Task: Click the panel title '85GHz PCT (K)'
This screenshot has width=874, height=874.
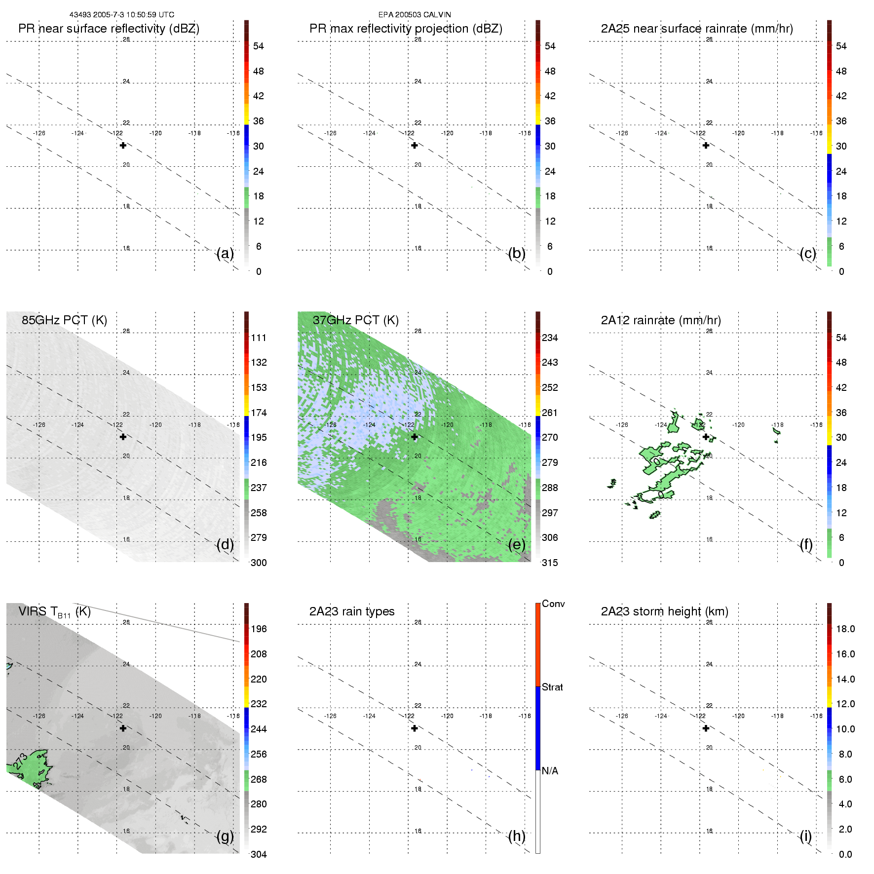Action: (x=64, y=320)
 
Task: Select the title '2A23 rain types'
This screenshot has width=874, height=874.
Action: (x=352, y=611)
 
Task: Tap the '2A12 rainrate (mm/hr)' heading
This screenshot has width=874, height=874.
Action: (x=661, y=320)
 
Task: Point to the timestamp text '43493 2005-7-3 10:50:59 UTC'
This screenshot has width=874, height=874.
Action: (x=121, y=15)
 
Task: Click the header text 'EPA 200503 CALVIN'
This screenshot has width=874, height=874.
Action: (x=415, y=15)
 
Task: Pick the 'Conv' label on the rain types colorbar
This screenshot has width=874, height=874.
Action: (x=553, y=604)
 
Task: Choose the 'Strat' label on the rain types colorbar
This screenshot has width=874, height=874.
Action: (x=552, y=687)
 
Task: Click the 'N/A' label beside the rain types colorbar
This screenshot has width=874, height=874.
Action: (x=550, y=771)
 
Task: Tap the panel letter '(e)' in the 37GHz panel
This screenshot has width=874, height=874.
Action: (x=517, y=544)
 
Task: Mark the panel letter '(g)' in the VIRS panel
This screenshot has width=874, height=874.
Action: (x=225, y=836)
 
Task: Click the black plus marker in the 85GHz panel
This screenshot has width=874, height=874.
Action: (x=123, y=437)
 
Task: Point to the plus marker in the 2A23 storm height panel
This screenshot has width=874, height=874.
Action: (x=706, y=728)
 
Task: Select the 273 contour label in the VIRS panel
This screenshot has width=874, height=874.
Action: (x=20, y=761)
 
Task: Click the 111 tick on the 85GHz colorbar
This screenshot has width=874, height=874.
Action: (x=259, y=338)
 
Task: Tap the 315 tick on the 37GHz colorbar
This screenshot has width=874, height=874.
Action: (x=550, y=563)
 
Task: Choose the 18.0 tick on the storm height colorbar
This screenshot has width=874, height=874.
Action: (x=845, y=629)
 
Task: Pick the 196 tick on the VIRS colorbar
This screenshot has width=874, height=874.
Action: (x=259, y=629)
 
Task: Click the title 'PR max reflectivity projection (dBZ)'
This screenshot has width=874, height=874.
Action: (x=406, y=29)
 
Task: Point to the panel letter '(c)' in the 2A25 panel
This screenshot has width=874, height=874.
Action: (x=808, y=253)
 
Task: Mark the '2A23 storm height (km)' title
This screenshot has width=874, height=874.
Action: (x=664, y=611)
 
